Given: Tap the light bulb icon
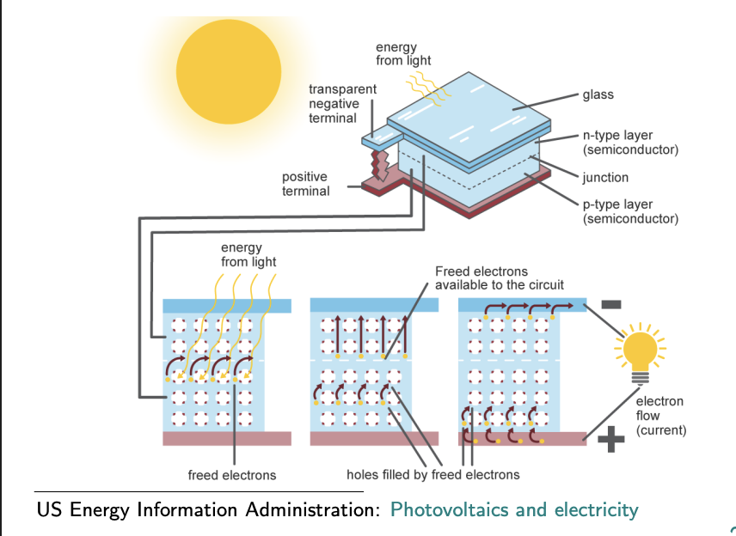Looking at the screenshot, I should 639,352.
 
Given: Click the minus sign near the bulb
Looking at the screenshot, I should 611,304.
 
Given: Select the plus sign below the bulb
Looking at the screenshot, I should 610,440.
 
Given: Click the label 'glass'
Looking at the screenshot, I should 598,94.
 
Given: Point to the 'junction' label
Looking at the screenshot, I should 605,178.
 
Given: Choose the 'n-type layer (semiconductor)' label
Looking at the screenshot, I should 630,143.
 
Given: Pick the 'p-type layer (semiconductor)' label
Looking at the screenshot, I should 630,211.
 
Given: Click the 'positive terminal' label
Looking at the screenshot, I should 305,184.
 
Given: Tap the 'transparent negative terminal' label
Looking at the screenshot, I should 342,103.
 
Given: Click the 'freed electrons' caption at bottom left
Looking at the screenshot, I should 232,475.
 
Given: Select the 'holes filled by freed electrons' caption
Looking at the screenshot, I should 432,475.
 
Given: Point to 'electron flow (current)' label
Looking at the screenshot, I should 660,416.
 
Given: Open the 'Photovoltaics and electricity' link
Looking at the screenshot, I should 514,510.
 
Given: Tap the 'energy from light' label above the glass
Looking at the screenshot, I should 403,53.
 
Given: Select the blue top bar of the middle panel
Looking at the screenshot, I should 374,305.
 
